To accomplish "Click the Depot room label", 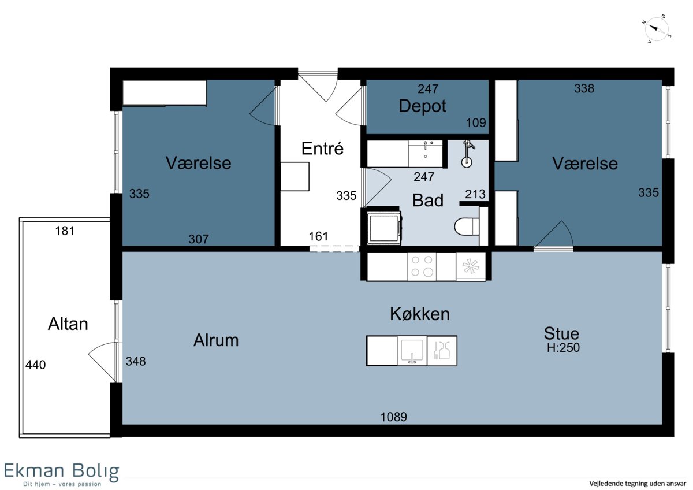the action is [422, 106].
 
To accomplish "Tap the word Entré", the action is [322, 149].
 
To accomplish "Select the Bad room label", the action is [428, 201].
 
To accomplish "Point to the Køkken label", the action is [419, 314].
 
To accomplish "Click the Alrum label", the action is [216, 340].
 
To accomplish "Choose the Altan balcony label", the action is [68, 324].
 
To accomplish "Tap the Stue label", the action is [561, 333].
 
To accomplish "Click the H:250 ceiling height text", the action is [563, 348].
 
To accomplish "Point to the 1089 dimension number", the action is [393, 417].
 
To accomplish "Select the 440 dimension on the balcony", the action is [36, 365].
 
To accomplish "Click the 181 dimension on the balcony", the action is [65, 231].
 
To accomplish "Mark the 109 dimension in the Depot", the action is [476, 123].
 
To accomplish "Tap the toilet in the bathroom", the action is [467, 227].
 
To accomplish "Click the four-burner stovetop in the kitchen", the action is [422, 266].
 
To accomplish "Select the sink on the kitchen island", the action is [412, 351].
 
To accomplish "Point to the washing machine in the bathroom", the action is [385, 228].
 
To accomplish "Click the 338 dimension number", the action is [584, 88].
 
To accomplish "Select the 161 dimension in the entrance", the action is [318, 236].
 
